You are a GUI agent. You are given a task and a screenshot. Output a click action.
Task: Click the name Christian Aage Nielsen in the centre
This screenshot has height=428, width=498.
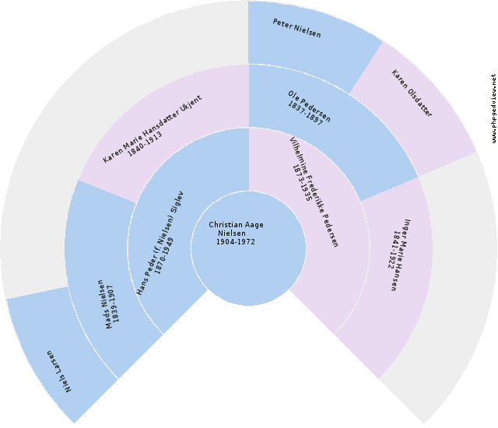[236, 229]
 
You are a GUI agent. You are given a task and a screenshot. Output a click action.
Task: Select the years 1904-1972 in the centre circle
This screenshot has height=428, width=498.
[236, 241]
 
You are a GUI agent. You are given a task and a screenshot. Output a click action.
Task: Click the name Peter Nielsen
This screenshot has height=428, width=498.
[296, 29]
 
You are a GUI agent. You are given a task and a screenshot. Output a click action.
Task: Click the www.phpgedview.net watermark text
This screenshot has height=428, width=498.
[493, 109]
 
